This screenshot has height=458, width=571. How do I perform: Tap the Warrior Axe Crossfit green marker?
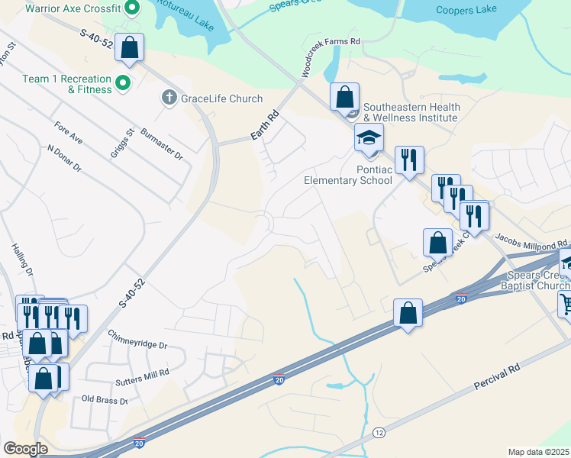point(131,8)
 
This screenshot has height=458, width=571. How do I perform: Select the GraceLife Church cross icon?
point(168,98)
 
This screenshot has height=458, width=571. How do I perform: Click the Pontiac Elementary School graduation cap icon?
point(369,137)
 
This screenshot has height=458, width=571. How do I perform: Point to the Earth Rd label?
point(265,127)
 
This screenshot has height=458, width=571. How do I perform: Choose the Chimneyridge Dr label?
point(137,340)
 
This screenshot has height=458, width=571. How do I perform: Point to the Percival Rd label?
point(497,379)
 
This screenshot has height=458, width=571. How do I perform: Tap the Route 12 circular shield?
point(379,433)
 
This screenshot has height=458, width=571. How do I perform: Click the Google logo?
point(25,449)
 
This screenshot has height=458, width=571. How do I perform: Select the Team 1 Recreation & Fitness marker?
point(123,82)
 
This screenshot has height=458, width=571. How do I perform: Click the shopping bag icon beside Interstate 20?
point(408,312)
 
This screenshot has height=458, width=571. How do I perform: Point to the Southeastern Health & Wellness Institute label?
point(410,112)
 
